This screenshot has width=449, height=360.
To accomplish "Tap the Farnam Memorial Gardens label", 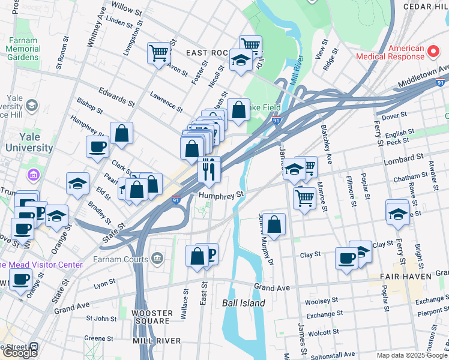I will click(23, 49).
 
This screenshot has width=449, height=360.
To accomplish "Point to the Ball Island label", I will click(243, 303).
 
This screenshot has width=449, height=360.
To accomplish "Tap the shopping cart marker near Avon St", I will click(158, 53).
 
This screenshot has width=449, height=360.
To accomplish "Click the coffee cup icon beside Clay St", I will click(346, 258).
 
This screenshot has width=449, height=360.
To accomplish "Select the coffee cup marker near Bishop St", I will click(97, 146).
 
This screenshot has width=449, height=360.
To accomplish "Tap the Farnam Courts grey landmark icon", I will click(157, 259).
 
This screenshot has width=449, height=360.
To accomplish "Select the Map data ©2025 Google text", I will click(412, 355).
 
